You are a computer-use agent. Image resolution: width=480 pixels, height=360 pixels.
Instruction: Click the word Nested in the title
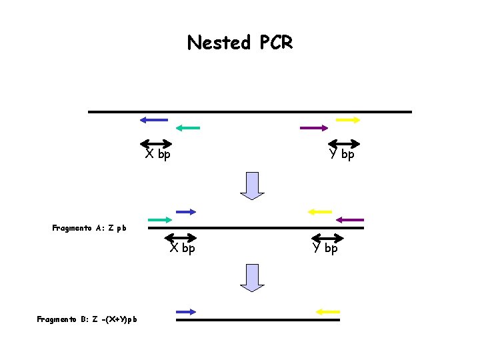click(218, 43)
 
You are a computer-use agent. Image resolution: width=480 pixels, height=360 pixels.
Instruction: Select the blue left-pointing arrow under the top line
click(154, 120)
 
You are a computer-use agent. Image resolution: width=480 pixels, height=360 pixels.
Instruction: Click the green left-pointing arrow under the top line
click(187, 127)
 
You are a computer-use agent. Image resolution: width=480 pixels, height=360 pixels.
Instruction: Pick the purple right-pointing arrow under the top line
click(314, 127)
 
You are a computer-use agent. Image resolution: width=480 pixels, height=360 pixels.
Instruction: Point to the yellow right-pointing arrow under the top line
click(348, 120)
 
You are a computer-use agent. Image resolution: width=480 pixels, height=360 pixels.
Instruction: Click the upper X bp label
click(158, 155)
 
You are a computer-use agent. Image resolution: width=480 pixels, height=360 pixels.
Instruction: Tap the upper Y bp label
click(341, 155)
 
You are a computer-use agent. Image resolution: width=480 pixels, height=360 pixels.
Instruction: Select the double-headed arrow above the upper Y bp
click(344, 143)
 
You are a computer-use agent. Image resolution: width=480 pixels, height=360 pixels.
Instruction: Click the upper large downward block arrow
click(253, 185)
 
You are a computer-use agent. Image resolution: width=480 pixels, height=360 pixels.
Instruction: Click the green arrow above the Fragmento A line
click(160, 219)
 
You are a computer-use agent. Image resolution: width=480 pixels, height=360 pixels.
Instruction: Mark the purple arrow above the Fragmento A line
click(350, 219)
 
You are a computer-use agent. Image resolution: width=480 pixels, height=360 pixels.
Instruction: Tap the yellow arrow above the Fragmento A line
click(319, 212)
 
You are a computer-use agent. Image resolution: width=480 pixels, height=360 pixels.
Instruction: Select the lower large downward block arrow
click(253, 277)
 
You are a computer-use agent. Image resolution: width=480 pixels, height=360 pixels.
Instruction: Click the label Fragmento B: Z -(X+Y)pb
click(87, 319)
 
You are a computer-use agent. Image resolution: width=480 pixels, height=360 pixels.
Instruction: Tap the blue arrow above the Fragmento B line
click(186, 311)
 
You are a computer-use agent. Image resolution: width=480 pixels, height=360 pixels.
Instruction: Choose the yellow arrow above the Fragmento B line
click(328, 311)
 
